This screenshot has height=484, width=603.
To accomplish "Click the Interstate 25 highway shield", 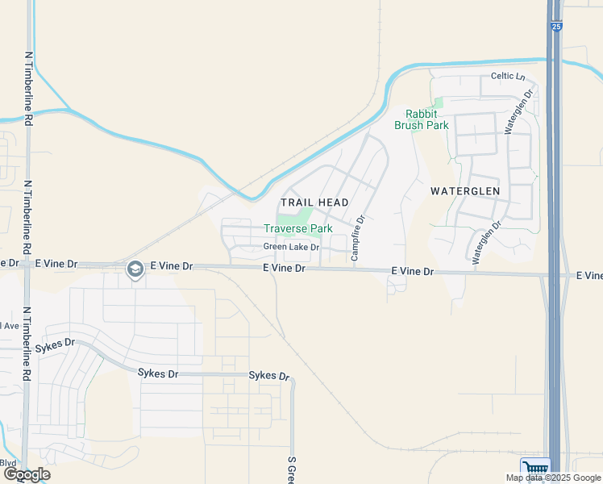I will tap(556, 27).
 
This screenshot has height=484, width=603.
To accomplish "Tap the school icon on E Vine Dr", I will tap(135, 269).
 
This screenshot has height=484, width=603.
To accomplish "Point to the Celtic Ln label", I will tap(508, 77).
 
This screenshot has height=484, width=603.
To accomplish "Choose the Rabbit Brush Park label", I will tap(421, 119).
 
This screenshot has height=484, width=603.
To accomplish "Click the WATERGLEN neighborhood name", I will tap(465, 191).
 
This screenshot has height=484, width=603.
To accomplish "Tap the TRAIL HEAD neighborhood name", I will tap(314, 202).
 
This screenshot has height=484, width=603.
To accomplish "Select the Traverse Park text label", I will tap(297, 228).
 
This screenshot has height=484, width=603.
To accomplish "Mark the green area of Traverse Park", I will tap(294, 216).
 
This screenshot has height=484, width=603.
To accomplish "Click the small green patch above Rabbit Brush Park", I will tap(437, 102).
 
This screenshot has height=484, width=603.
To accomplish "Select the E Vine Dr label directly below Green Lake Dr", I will tap(285, 268).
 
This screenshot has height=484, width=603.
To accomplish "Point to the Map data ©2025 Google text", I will tap(553, 478).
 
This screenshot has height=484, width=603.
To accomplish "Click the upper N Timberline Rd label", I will tap(29, 89).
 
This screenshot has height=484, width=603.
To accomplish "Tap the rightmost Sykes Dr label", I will tap(268, 376).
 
